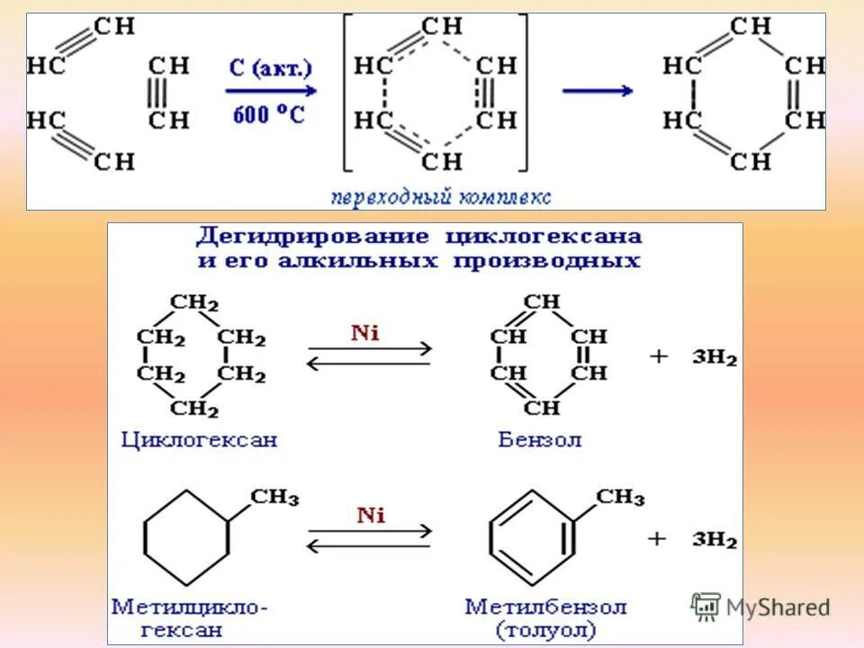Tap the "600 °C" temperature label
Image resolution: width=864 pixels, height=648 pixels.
tap(269, 114)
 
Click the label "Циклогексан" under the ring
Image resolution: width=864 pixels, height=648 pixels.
tap(200, 440)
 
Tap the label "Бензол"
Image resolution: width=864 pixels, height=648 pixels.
tap(540, 440)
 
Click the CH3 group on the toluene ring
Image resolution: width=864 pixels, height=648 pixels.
tap(620, 497)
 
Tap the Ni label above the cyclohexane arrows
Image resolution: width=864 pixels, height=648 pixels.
tap(365, 333)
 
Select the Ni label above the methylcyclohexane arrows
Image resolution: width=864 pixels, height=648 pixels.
tap(370, 516)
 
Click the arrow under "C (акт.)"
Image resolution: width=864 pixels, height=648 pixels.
tap(270, 91)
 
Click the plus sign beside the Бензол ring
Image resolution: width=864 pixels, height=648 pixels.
tap(659, 357)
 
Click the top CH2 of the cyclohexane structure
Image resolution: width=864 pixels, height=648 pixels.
tap(194, 302)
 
